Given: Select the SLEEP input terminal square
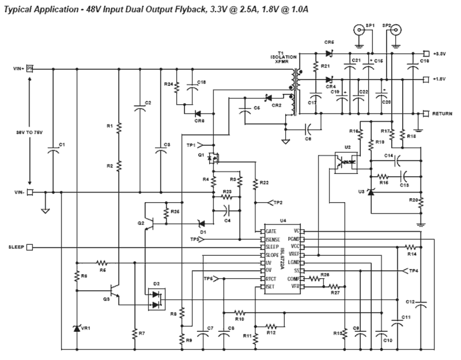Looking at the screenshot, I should click(29, 247).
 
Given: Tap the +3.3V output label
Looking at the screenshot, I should click(439, 54).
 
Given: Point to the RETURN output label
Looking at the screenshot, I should click(442, 113).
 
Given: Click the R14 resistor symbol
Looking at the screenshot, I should click(411, 247).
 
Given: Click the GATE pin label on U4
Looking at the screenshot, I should click(271, 232).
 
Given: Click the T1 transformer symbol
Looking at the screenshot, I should click(295, 92).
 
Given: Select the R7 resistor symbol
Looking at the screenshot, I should click(135, 334).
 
